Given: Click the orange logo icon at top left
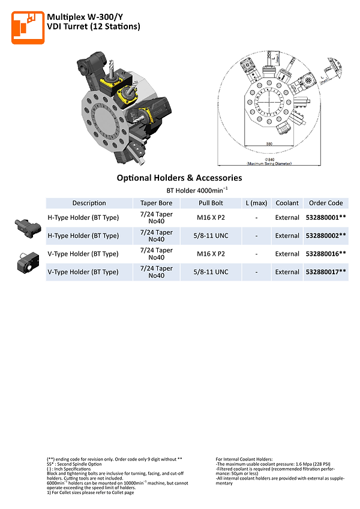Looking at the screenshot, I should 28,27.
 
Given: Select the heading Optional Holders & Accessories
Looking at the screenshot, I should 179,178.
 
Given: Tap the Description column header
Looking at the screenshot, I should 89,203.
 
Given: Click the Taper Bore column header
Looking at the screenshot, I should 156,203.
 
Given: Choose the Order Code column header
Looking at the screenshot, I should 326,203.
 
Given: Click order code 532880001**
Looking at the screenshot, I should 326,217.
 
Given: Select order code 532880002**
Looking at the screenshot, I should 326,236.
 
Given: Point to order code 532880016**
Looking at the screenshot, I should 326,254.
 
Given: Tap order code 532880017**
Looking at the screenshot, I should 326,272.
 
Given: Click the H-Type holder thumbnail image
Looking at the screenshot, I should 26,226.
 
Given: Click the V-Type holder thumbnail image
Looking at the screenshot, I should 26,263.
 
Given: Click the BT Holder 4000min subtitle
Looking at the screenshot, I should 179,190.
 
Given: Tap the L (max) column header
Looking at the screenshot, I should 256,203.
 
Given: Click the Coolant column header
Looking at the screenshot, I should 287,203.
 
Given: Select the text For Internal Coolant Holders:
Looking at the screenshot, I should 245,459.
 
